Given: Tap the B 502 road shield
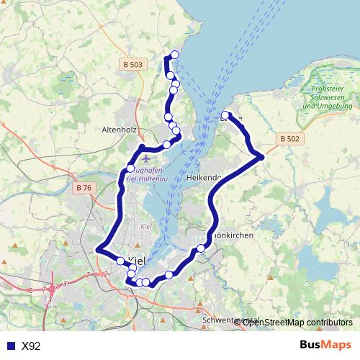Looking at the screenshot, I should pos(289,138).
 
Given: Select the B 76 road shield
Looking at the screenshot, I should pos(84,189).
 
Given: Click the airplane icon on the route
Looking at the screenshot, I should pos(147,156).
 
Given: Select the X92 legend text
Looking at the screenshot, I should pos(32,346).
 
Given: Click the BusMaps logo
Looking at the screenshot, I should pos(324,346).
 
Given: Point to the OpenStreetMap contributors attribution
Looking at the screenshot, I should pos(297,322).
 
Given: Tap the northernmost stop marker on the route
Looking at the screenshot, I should pos(174,55).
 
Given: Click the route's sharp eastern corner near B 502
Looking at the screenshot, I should pos(261,156).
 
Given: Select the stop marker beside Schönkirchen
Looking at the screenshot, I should pos(201,248).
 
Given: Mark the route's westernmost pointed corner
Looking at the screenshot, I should pos(96,249).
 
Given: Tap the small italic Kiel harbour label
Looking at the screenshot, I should pos(146,227).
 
